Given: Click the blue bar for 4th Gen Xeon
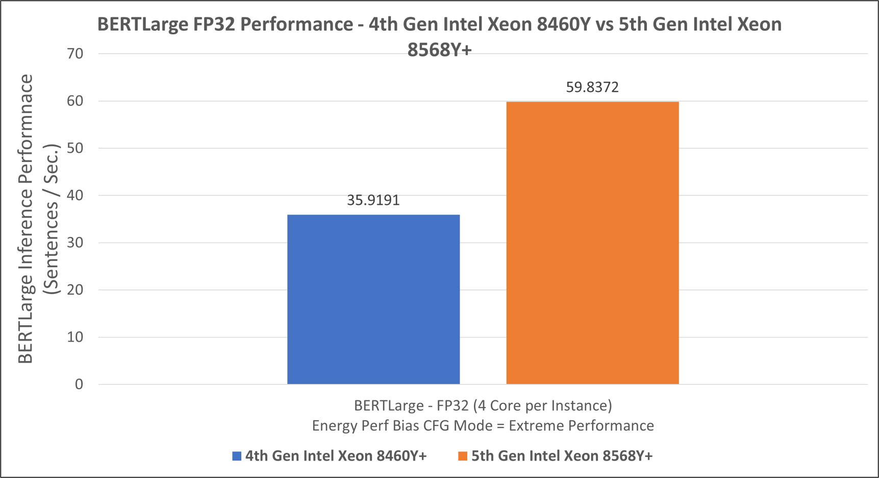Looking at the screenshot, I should pos(373,299).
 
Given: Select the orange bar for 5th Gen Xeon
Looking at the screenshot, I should pos(592,243).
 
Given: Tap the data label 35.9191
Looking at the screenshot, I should pos(373,200).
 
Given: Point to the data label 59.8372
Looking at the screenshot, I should pos(592,87).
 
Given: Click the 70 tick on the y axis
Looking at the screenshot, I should pos(75,54).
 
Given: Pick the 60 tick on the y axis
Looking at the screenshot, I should pos(75,101).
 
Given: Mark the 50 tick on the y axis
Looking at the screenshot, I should pos(75,148).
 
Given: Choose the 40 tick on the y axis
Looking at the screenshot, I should pos(75,196).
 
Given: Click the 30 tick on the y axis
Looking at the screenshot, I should pos(75,243).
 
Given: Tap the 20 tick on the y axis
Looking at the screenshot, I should pos(75,290).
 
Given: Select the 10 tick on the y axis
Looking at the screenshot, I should pos(75,337).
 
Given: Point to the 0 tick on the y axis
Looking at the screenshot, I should pos(79,384).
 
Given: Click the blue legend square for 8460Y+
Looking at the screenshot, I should pos(237,456).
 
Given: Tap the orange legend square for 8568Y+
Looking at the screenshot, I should pos(463,456).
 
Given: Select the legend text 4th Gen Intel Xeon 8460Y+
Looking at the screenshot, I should pos(336,456).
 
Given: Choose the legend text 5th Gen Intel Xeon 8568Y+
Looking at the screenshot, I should pos(562,456).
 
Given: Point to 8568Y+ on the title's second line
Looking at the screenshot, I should pos(439,50).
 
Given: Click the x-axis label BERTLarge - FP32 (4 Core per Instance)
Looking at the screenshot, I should pos(483,405).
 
